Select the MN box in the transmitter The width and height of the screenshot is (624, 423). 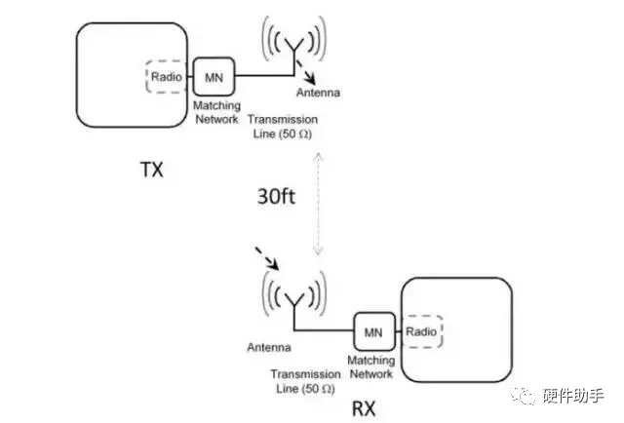coord(211,75)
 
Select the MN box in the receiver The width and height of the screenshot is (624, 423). coord(372,332)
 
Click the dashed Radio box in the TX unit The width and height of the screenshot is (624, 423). coord(165,75)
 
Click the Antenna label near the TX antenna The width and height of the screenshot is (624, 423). coord(319,94)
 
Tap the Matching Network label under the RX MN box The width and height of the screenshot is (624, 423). coord(370,366)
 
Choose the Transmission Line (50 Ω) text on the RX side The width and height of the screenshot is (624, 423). coord(305,379)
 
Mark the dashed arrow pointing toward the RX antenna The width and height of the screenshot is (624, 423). coord(267,258)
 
